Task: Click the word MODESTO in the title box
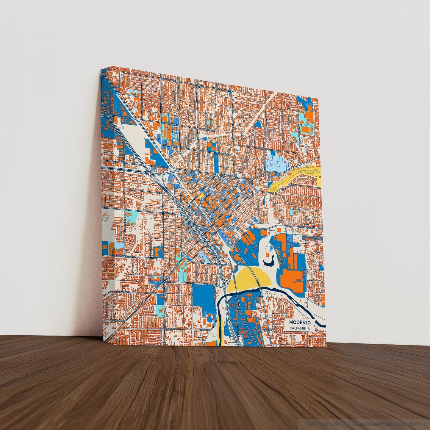(300, 323)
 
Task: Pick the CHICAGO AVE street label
(123, 293)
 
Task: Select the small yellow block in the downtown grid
(201, 195)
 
